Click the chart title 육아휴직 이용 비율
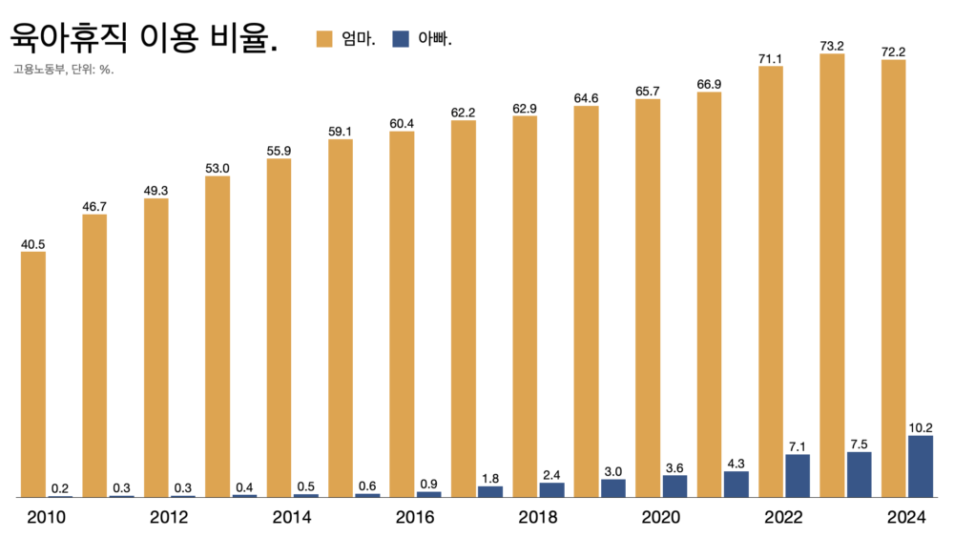[144, 38]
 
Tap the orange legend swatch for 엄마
[324, 39]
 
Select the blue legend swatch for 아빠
[401, 39]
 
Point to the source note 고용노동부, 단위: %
[64, 70]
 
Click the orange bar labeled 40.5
[32, 375]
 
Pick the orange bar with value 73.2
[832, 276]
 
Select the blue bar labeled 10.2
[920, 466]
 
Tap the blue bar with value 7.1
[797, 476]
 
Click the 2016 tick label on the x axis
[415, 517]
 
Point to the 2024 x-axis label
[906, 517]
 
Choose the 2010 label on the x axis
[46, 517]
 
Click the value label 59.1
[341, 132]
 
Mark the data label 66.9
[709, 85]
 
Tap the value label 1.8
[489, 479]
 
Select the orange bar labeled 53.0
[218, 337]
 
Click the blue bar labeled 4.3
[736, 485]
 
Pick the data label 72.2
[893, 52]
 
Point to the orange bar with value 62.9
[525, 306]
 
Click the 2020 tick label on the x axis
[661, 517]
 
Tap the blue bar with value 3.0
[612, 488]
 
